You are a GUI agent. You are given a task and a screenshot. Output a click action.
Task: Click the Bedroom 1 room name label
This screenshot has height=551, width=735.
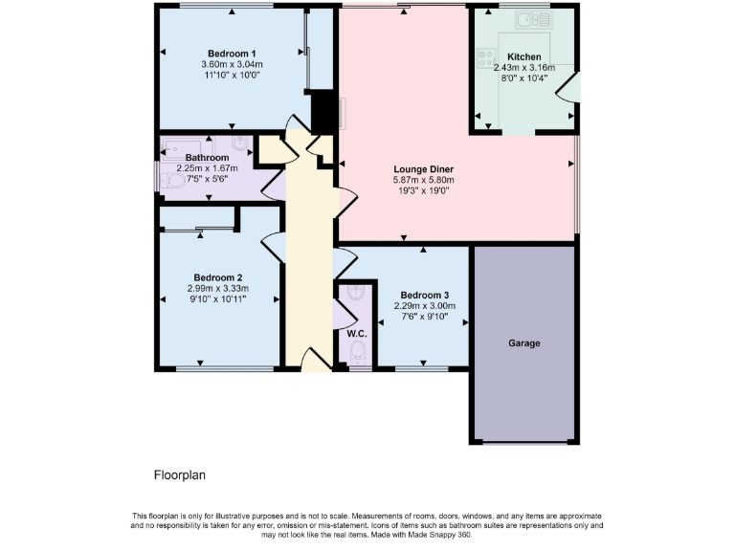pyautogui.click(x=232, y=53)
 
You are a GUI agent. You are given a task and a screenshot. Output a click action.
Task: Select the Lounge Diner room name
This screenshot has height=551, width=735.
pyautogui.click(x=422, y=168)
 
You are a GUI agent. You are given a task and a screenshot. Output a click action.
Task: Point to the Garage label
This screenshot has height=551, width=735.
pyautogui.click(x=525, y=342)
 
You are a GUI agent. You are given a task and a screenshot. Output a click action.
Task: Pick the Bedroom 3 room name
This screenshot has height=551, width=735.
pyautogui.click(x=424, y=295)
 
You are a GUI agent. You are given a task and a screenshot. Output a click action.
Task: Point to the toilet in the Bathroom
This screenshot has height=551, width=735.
pyautogui.click(x=173, y=180)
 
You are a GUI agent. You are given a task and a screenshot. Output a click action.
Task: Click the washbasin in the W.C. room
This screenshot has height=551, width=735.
pyautogui.click(x=357, y=293)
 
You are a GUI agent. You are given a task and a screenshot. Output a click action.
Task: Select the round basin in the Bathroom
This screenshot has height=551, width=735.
pyautogui.click(x=239, y=145)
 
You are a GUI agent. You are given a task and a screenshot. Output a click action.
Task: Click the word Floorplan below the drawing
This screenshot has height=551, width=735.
pyautogui.click(x=180, y=474)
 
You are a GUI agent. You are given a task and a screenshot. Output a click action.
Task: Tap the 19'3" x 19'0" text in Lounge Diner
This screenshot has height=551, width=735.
pyautogui.click(x=422, y=190)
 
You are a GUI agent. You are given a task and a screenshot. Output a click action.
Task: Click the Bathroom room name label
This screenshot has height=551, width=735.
pyautogui.click(x=207, y=158)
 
